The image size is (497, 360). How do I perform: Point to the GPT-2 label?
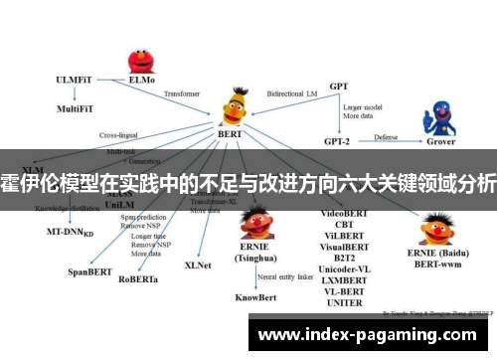pos(338,139)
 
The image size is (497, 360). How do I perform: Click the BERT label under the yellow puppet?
pos(231,133)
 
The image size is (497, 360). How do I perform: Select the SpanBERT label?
pos(88,270)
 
